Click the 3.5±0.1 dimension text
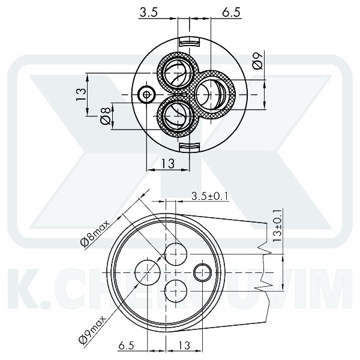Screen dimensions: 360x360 (211, 196)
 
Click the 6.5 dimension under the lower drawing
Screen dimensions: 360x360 (126, 346)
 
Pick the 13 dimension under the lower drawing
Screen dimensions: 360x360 (184, 346)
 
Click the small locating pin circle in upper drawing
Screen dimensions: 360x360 (146, 95)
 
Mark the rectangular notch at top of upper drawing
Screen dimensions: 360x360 (189, 42)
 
